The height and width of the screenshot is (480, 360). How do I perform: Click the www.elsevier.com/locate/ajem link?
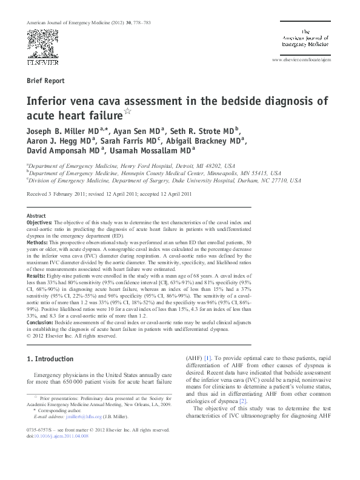click(x=302, y=61)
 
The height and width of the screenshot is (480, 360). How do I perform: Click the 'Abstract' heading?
click(x=36, y=216)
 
